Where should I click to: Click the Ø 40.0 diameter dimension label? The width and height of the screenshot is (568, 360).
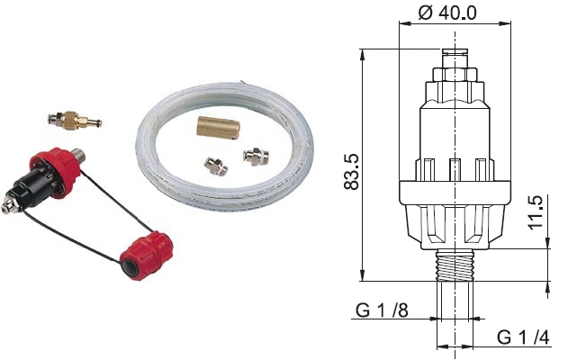click(x=447, y=13)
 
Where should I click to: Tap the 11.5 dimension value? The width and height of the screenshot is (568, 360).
click(x=536, y=212)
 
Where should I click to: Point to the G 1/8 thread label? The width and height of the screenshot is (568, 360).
click(x=382, y=310)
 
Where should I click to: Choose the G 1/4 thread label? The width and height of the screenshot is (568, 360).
click(x=523, y=337)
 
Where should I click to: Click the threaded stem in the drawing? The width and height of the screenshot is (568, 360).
click(x=455, y=265)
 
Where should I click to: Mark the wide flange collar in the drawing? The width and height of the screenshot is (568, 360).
click(x=455, y=193)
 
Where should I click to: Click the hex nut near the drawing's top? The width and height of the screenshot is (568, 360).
click(x=455, y=75)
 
